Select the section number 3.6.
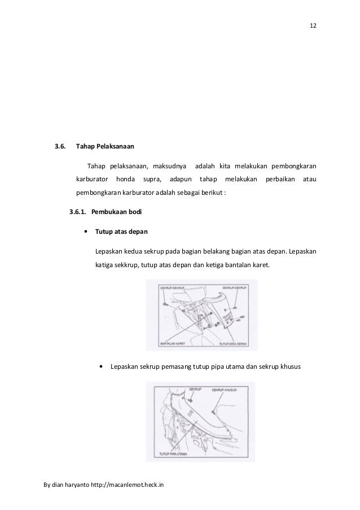click(59, 147)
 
